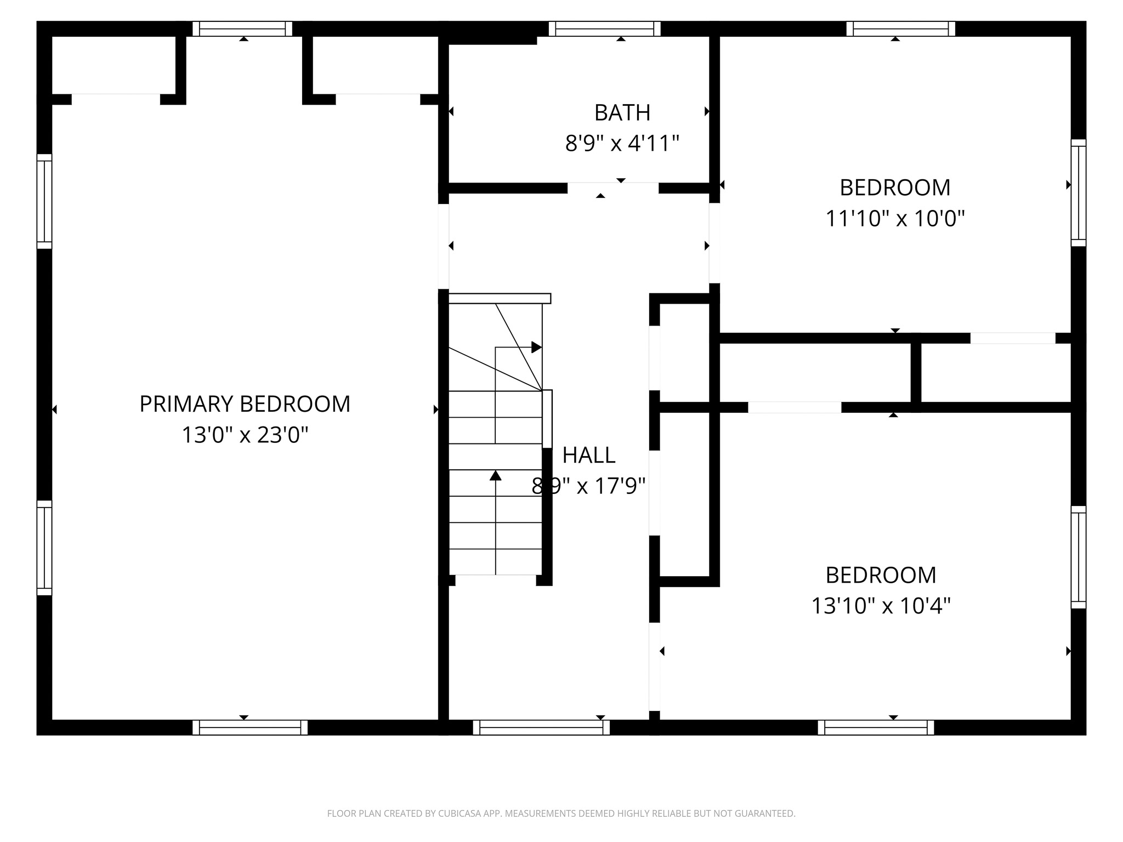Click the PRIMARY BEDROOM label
[245, 404]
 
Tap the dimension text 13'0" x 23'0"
[245, 435]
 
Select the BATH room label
[622, 113]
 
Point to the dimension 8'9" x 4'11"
[622, 144]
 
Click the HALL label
[588, 455]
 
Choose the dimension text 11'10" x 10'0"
[895, 219]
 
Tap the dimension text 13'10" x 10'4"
[881, 606]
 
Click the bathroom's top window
[604, 29]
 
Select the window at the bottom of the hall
[541, 727]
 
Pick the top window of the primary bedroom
[242, 29]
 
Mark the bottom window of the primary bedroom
[250, 727]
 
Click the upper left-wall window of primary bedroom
[44, 201]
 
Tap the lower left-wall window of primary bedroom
[44, 548]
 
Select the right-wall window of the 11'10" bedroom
[1078, 192]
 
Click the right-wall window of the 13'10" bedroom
[1078, 557]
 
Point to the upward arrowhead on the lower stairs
[495, 475]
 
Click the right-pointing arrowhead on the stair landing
[536, 347]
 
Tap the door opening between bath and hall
[612, 188]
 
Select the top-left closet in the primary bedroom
[114, 65]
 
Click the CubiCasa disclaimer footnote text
[561, 813]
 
